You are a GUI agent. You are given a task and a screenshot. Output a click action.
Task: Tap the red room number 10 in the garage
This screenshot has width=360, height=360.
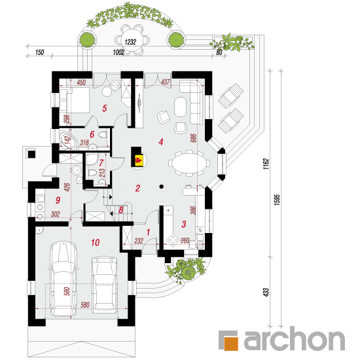tap(96, 242)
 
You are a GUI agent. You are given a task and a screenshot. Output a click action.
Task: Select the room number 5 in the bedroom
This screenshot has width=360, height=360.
tap(105, 108)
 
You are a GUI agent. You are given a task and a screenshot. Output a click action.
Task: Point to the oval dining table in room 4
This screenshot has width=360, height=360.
tap(188, 163)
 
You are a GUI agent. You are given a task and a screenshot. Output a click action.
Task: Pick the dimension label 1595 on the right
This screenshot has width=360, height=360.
tap(277, 200)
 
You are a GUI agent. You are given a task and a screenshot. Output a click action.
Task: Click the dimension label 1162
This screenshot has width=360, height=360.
tap(266, 164)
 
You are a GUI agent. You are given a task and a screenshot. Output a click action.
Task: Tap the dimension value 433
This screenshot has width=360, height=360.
tap(266, 293)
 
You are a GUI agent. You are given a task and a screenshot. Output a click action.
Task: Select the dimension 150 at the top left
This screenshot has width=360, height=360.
tap(39, 52)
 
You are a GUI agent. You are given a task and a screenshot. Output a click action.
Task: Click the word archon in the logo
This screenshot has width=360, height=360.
tap(295, 338)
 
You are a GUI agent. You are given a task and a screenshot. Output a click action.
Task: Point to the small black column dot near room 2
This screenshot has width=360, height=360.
tap(162, 187)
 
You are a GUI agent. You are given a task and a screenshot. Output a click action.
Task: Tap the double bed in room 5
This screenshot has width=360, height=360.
tap(75, 100)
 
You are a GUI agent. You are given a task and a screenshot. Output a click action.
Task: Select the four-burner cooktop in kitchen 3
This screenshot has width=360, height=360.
tap(173, 240)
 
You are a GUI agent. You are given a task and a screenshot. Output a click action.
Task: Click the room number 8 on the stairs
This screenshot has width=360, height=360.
tap(121, 210)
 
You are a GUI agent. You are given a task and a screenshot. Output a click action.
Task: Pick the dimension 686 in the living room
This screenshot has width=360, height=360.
tap(194, 138)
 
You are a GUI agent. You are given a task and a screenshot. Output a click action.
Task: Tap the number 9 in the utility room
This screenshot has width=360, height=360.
tap(58, 200)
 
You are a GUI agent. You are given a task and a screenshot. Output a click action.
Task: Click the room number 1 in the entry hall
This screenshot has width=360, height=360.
tap(148, 232)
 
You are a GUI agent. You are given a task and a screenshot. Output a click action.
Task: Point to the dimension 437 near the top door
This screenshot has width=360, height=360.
tap(166, 82)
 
